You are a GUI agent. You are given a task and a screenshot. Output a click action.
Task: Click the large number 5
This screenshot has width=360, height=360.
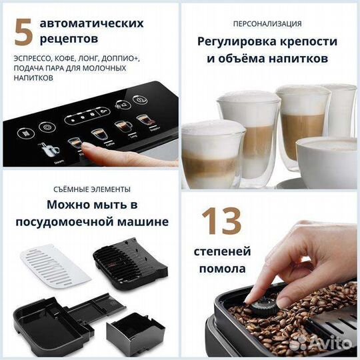coord(23,31)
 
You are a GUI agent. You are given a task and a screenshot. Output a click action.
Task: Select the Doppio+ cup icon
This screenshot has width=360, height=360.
coord(142,122)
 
